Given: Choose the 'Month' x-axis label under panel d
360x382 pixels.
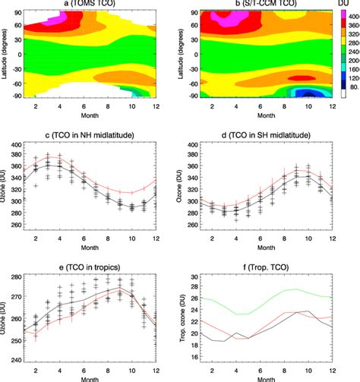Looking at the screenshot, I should (x=261, y=257).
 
